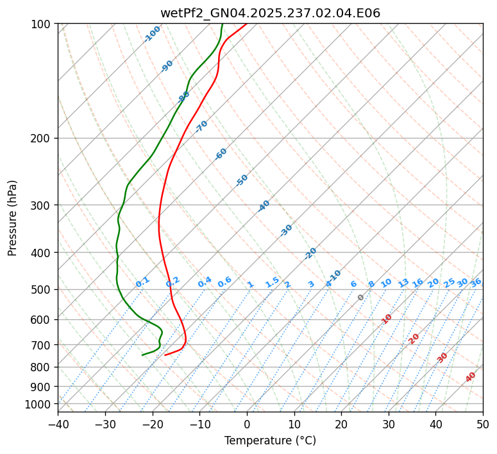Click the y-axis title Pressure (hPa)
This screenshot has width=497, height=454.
click(13, 217)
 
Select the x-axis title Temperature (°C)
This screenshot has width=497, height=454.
click(270, 441)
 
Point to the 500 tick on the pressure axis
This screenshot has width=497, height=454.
click(41, 290)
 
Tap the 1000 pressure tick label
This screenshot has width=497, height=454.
click(38, 404)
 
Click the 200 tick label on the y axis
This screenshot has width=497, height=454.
click(41, 139)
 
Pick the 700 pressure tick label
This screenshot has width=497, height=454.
click(41, 345)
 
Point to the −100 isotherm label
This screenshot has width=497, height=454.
click(153, 34)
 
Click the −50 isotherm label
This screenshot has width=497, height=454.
click(242, 180)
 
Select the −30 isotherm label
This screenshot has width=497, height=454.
click(287, 230)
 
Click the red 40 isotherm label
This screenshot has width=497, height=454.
click(471, 376)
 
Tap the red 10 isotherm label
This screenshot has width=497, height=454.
click(387, 319)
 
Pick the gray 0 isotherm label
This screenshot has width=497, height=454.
click(361, 298)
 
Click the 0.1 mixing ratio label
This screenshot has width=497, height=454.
click(142, 282)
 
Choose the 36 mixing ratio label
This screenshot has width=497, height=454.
click(476, 282)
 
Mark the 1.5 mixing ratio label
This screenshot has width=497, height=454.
click(273, 282)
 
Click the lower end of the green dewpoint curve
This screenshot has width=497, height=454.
click(143, 355)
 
